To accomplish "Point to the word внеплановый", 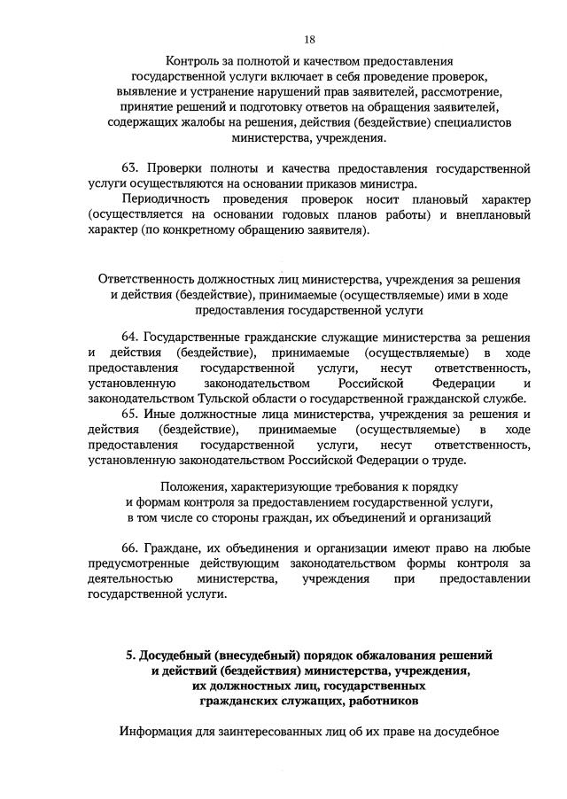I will coord(491,214).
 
